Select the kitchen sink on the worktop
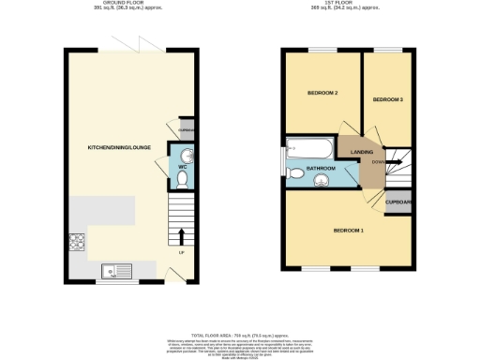[x=119, y=271]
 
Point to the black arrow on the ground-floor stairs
[x=182, y=234]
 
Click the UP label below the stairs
[x=182, y=250]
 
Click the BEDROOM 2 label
[x=322, y=94]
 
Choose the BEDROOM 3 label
[x=387, y=99]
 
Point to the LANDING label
[x=362, y=152]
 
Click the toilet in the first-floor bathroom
[x=293, y=171]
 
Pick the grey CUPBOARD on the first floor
[x=398, y=202]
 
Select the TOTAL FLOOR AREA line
[x=239, y=334]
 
